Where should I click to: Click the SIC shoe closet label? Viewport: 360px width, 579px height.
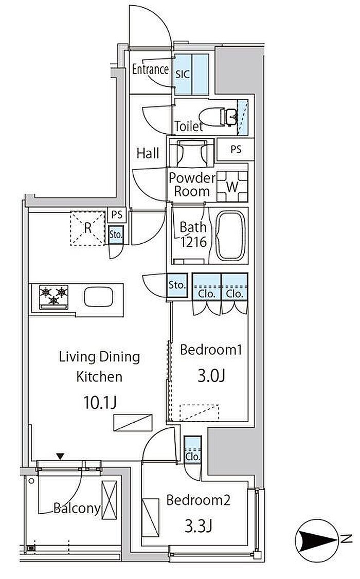[x=183, y=74]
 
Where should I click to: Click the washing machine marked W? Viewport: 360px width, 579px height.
[x=232, y=187]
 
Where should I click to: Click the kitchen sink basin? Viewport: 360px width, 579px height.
[x=98, y=297]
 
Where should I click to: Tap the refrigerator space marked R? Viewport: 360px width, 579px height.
[x=87, y=228]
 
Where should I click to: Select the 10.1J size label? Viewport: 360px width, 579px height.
[x=100, y=402]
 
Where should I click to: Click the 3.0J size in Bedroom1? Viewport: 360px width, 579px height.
[x=211, y=375]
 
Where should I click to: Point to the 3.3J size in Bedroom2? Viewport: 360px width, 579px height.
[x=199, y=526]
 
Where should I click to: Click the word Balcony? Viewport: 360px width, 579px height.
[x=77, y=509]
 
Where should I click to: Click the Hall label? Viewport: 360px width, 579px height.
[x=148, y=153]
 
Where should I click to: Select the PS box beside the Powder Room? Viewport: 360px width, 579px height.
[x=236, y=149]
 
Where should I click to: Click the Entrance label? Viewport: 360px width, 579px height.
[x=150, y=69]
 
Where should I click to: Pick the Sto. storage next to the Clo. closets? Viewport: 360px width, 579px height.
[x=177, y=285]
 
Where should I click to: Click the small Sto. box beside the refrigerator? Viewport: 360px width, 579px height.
[x=116, y=235]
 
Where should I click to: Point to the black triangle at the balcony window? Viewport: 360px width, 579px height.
[x=61, y=457]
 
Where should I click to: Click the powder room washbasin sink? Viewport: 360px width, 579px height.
[x=191, y=153]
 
